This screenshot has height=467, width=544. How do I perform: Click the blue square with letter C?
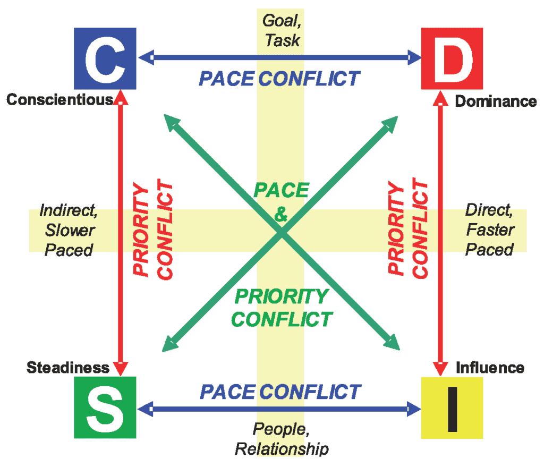pos(105,58)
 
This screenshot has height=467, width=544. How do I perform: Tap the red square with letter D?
pos(452,58)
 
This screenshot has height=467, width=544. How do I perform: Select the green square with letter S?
pos(105,407)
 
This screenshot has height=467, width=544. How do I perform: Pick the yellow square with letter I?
pos(452,407)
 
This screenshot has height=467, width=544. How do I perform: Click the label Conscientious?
pos(59,100)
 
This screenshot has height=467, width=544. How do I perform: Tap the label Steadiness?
pos(68,367)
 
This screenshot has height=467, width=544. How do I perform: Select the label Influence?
pos(490,368)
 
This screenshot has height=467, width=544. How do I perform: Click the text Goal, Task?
pos(281,30)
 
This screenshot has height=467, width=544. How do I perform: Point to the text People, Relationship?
pos(282,438)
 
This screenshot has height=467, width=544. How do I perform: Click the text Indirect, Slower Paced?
pos(69,230)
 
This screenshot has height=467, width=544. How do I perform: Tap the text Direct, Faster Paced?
pos(489,230)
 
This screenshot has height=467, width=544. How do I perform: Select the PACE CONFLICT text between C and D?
pos(279,79)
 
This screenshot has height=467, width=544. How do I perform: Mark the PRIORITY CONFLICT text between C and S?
pos(154,230)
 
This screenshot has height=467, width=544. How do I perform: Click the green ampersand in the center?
pos(282,215)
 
